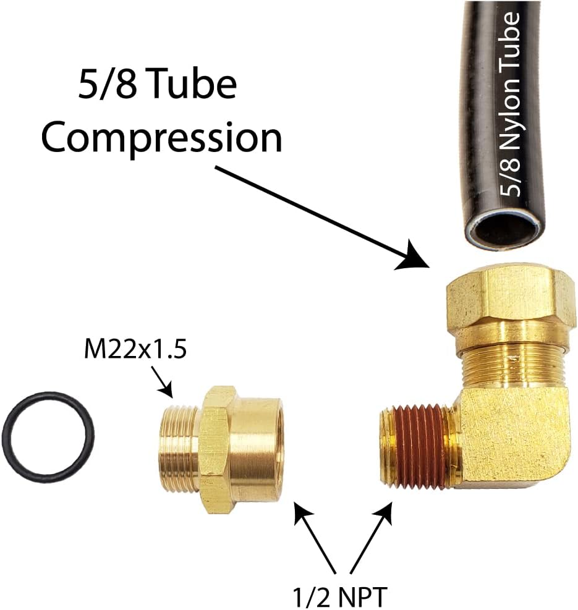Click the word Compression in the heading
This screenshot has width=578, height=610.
161,139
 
